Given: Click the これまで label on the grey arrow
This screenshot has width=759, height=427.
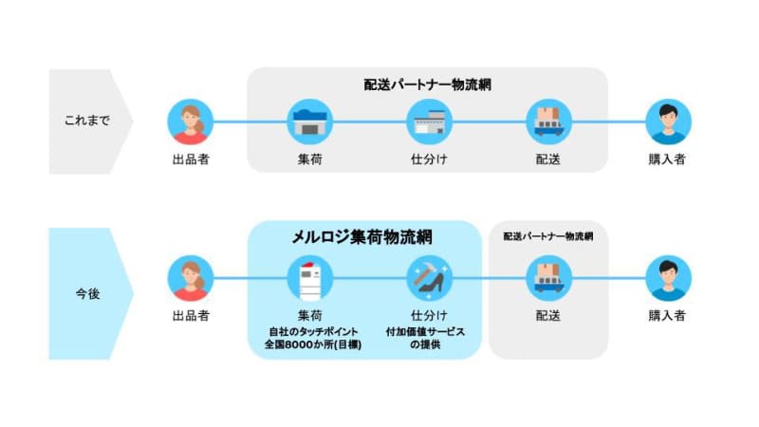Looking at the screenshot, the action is [87, 121].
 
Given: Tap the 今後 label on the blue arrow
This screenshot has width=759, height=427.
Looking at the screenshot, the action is [87, 293].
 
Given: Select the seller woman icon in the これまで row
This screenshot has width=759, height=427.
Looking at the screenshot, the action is [191, 122].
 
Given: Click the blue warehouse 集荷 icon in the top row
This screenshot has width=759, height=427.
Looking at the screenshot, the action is [310, 122].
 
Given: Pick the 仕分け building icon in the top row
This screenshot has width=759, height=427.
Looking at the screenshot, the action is [430, 122].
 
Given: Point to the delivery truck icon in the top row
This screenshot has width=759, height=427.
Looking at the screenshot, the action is [549, 122].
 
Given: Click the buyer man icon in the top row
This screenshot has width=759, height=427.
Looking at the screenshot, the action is [669, 122].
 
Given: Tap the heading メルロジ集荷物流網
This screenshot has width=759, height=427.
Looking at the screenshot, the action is [362, 237].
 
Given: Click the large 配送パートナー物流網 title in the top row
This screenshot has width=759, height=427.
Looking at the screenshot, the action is [428, 84].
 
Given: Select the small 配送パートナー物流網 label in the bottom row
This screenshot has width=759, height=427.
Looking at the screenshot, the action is [548, 236].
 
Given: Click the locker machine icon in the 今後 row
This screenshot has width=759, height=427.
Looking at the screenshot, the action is [310, 278].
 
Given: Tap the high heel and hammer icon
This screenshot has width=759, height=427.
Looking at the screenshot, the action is [430, 278].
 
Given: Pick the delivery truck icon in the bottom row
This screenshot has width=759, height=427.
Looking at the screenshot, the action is [549, 278].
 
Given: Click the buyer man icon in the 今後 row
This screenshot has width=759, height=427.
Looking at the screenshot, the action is [669, 278].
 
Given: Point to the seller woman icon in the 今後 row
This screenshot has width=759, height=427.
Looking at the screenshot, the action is [191, 278].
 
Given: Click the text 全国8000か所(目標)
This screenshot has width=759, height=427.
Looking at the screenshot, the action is [313, 344].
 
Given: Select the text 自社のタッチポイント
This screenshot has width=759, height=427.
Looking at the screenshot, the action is [313, 332].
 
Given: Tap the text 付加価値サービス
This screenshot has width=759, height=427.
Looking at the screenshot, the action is [425, 332].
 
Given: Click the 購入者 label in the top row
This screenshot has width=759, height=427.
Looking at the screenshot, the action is [667, 159].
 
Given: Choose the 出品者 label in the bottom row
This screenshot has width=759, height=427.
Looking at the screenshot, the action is [191, 316].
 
